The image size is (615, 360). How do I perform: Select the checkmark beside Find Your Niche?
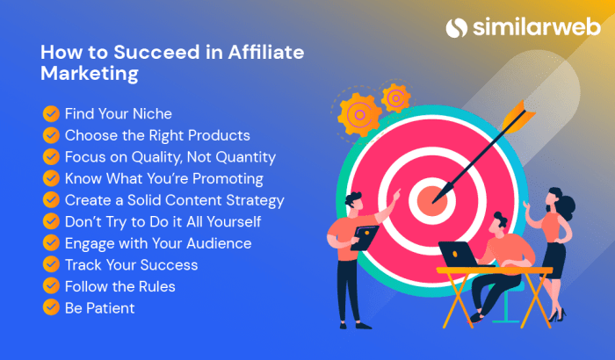coord(51,113)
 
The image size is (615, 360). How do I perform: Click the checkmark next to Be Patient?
coord(51,307)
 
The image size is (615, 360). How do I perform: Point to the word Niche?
coord(152,113)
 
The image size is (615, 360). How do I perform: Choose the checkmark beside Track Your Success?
coord(51,264)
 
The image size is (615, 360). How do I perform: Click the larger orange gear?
coord(358,113)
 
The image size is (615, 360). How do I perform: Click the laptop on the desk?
coord(459,256)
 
